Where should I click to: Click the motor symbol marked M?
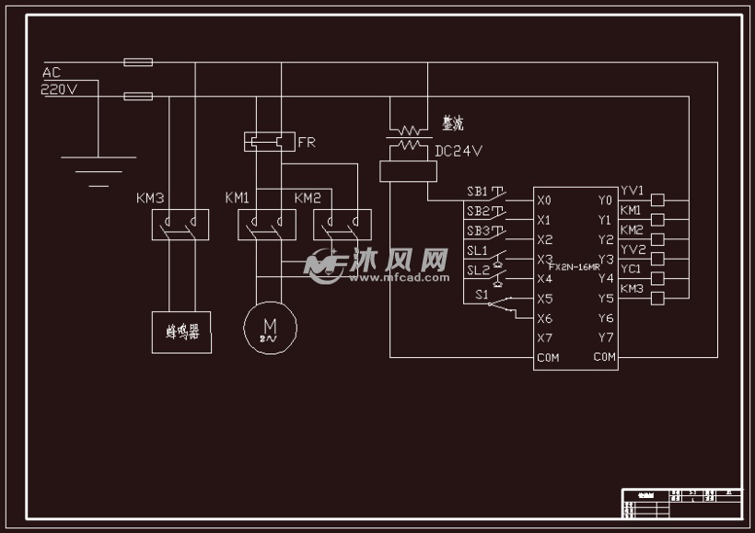coord(270,325)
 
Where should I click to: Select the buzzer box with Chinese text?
coord(181,331)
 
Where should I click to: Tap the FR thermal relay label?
coord(308,143)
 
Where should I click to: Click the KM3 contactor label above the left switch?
coord(150,198)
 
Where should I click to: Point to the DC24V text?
coord(458,150)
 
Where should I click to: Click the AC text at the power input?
coord(52,72)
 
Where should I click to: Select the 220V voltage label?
coord(59,89)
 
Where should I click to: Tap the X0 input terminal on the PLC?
coord(544,200)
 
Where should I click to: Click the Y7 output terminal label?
coord(604,338)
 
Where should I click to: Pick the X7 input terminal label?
coord(544,338)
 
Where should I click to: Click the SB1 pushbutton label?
coord(477,191)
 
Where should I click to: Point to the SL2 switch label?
coord(477,271)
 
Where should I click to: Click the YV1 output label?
coord(632,191)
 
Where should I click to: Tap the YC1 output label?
coord(631,269)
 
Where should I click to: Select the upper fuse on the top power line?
coord(138,63)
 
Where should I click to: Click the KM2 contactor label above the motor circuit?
coord(308,198)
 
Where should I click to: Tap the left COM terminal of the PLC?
coord(548,357)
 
